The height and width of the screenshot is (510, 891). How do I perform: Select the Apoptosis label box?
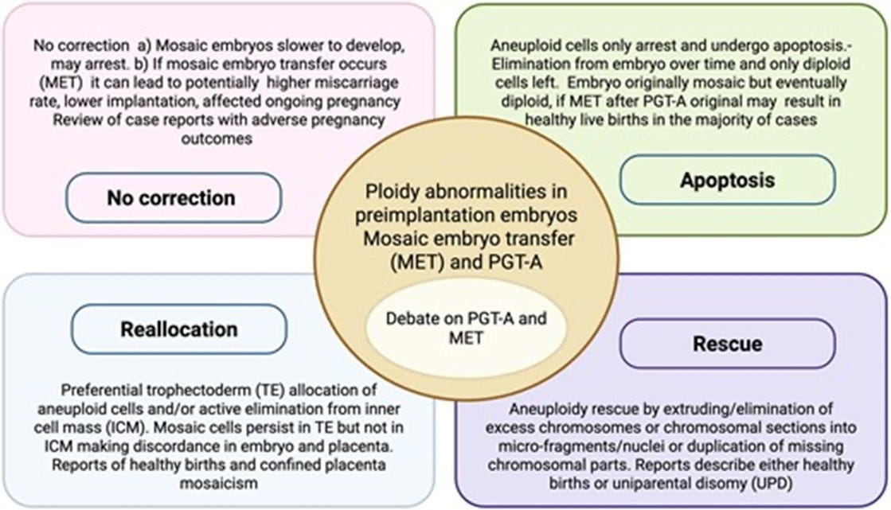pos(727,179)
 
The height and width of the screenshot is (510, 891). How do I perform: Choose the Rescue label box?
pos(727,345)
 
